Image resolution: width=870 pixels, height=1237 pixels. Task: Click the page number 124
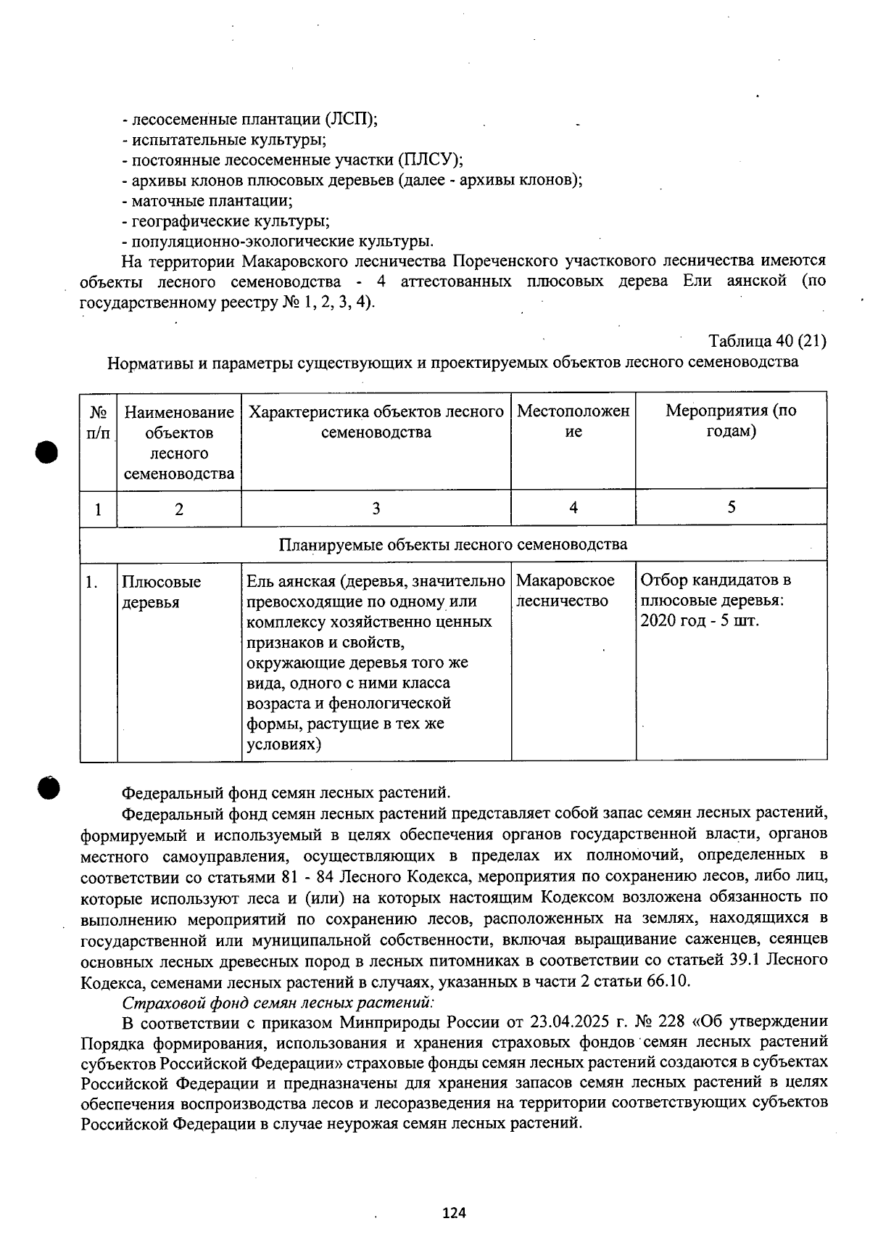point(455,1212)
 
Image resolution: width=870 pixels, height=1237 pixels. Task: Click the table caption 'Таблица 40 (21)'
point(767,341)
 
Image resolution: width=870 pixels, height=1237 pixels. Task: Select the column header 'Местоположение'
point(573,422)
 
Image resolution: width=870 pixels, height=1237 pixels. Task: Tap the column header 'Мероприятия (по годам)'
point(731,421)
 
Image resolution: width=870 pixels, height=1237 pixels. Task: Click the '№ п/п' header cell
point(99,422)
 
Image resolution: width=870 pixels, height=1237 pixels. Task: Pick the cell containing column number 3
point(376,508)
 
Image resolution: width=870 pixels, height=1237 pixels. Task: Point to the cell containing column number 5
point(731,507)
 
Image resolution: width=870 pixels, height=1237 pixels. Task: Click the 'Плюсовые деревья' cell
point(161,592)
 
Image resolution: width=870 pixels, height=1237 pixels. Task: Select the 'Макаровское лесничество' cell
point(565,591)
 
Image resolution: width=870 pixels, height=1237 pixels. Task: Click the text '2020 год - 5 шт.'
point(700,621)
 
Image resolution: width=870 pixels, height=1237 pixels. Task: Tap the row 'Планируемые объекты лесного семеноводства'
point(453,544)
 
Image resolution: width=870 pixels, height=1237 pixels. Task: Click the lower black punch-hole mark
point(49,787)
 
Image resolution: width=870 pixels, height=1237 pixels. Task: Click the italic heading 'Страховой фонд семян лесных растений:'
point(278,1002)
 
